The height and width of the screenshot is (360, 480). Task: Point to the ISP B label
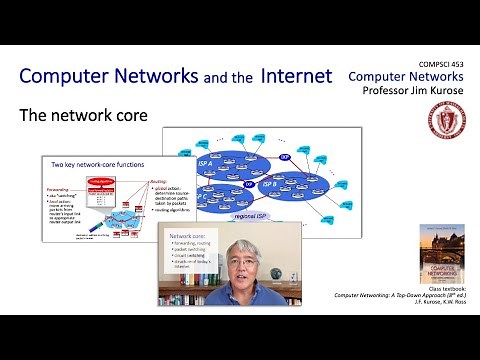(x=268, y=184)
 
